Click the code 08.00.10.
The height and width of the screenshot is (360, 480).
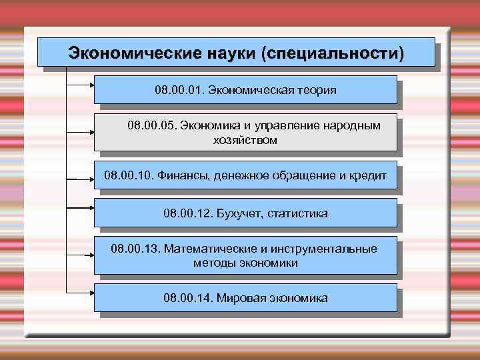click(x=129, y=176)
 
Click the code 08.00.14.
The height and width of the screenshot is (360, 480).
click(x=187, y=298)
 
